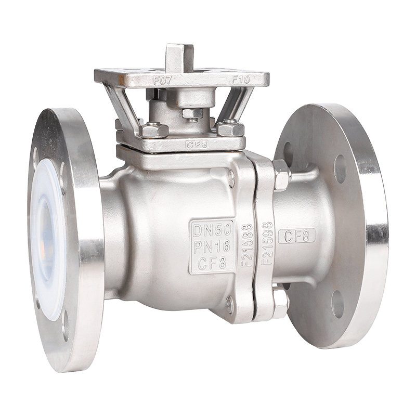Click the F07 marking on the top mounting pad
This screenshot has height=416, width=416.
[x=163, y=80]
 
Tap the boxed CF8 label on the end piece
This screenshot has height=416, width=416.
[x=297, y=237]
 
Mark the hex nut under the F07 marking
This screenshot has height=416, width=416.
[x=154, y=131]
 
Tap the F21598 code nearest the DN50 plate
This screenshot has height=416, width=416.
[x=248, y=246]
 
